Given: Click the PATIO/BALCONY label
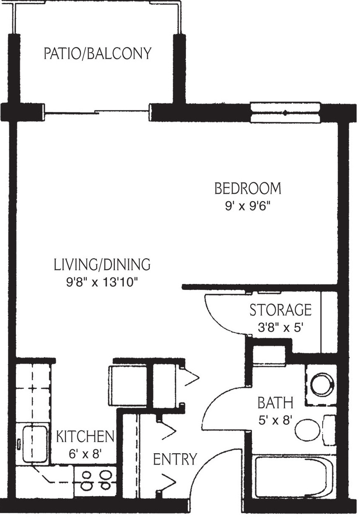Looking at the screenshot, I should click(x=97, y=54).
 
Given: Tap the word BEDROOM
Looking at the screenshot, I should click(x=247, y=188).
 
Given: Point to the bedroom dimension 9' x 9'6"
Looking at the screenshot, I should click(x=247, y=207).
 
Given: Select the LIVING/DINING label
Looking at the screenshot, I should click(x=102, y=265).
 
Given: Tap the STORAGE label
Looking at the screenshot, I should click(x=281, y=310).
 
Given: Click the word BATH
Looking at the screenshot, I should click(x=275, y=403).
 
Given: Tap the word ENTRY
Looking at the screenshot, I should click(x=175, y=459).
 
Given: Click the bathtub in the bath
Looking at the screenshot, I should click(x=294, y=478).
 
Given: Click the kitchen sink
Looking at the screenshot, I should click(x=33, y=444).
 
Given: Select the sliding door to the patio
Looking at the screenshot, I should click(x=97, y=112).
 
